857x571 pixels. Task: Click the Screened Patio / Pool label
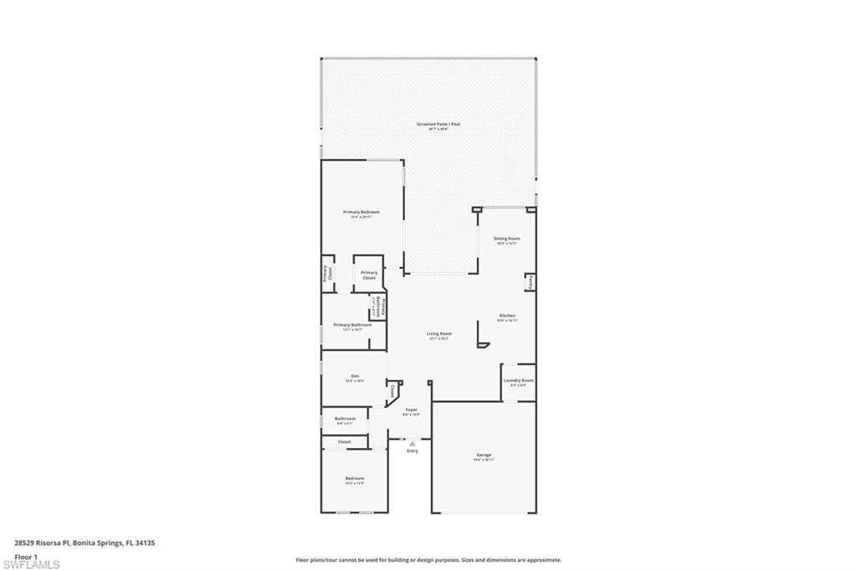tap(439, 124)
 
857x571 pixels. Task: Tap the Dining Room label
tap(506, 239)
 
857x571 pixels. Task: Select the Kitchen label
tap(507, 316)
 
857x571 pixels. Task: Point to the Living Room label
tap(439, 334)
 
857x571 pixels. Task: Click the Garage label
tap(484, 455)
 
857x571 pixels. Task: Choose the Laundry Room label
tap(518, 380)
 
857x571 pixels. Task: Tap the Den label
tap(355, 376)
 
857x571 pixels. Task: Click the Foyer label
tap(411, 409)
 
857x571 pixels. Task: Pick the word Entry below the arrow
tap(412, 451)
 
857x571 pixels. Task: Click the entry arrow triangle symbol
tap(412, 443)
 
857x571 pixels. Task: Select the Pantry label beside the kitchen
tap(531, 283)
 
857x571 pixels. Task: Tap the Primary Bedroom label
tap(362, 212)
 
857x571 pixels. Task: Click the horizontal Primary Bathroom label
tap(352, 325)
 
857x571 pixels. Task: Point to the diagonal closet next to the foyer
tap(392, 390)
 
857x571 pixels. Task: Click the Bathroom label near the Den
tap(345, 419)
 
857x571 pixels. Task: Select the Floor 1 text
tap(26, 556)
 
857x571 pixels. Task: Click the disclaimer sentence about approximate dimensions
tap(428, 560)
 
